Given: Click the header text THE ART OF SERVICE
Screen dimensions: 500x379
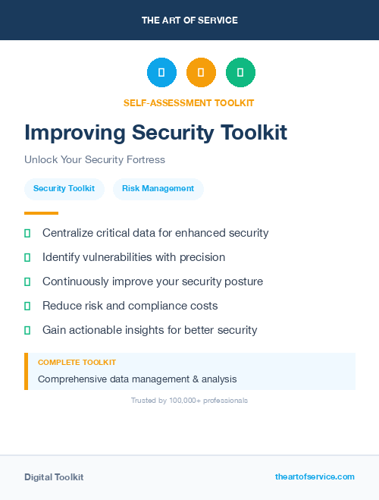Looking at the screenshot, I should (189, 20).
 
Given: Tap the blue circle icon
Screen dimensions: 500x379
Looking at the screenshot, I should (161, 73).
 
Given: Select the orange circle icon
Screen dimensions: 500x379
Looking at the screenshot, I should (201, 73).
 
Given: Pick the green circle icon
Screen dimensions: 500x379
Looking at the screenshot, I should (240, 73).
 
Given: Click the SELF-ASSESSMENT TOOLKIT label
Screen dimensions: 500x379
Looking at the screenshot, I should (189, 102).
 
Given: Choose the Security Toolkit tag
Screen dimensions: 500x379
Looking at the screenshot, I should (64, 188).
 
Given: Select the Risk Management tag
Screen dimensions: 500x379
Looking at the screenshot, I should (158, 188).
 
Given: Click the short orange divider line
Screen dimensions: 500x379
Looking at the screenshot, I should (41, 213).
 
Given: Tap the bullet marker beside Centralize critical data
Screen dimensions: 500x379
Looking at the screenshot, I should (27, 233).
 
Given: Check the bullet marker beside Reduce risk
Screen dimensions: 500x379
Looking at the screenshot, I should (27, 306).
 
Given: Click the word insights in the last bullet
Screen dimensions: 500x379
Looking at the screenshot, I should (155, 330).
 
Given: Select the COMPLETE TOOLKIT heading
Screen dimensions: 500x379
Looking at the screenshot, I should (77, 363).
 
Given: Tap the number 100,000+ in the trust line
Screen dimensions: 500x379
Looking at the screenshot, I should (186, 400).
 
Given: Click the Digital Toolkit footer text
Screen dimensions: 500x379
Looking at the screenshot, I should (54, 477).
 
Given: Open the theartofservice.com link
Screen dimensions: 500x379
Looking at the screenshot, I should (315, 476).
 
